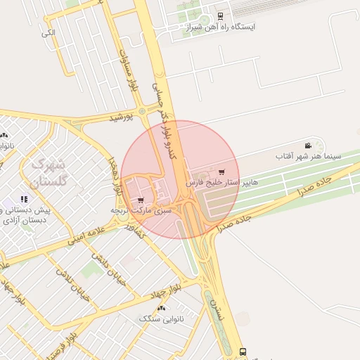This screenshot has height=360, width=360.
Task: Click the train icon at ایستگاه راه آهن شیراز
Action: pos(220,15)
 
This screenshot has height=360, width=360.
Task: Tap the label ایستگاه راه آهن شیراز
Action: pos(220,27)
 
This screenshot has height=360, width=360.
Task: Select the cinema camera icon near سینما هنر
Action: pos(308,146)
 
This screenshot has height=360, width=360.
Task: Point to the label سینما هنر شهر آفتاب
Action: pos(308,155)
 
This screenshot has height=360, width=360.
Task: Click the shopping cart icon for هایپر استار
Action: pos(222,172)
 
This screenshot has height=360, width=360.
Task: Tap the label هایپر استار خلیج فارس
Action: pos(222,183)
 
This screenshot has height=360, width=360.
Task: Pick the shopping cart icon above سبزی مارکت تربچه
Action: pos(141,200)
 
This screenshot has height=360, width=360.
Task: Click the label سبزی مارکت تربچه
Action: pos(141,210)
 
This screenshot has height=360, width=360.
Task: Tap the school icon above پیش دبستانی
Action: pos(25,200)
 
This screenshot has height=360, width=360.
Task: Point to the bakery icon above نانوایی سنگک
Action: pos(162,309)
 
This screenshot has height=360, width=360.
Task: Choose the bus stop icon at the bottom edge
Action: pos(243,351)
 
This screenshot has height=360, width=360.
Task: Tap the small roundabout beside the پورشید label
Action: pos(143,111)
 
